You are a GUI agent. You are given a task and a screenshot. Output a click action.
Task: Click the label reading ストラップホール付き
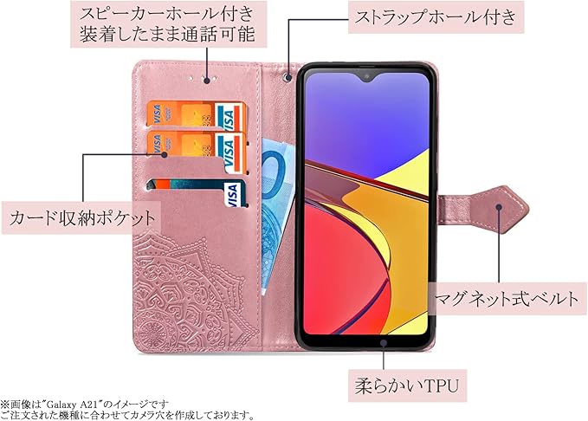(x=436, y=16)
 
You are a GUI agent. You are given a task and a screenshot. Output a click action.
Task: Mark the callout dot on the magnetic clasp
(x=501, y=206)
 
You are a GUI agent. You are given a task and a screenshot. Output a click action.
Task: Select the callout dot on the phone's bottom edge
(x=384, y=341)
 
